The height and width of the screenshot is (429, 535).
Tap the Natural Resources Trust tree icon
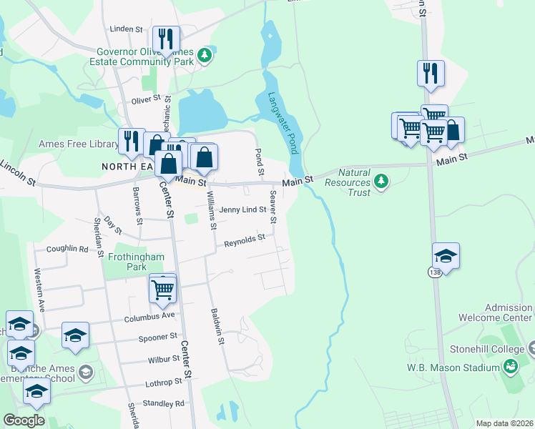point(383,182)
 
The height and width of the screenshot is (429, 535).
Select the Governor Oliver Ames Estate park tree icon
point(205,56)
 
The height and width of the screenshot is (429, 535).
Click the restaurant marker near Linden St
point(166,40)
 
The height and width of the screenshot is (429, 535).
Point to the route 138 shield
point(435,272)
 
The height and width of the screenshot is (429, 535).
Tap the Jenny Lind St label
point(242,209)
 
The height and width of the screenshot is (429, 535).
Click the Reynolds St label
point(245,241)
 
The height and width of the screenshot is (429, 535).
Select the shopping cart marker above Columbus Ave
point(163,289)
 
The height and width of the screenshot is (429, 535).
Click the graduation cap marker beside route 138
point(446,256)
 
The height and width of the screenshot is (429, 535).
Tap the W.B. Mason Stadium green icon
point(510,368)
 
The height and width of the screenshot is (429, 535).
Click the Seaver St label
point(273,201)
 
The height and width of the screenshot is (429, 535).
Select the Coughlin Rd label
point(67,249)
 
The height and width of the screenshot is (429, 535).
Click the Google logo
point(24,420)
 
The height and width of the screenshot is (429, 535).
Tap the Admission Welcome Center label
point(509,312)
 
